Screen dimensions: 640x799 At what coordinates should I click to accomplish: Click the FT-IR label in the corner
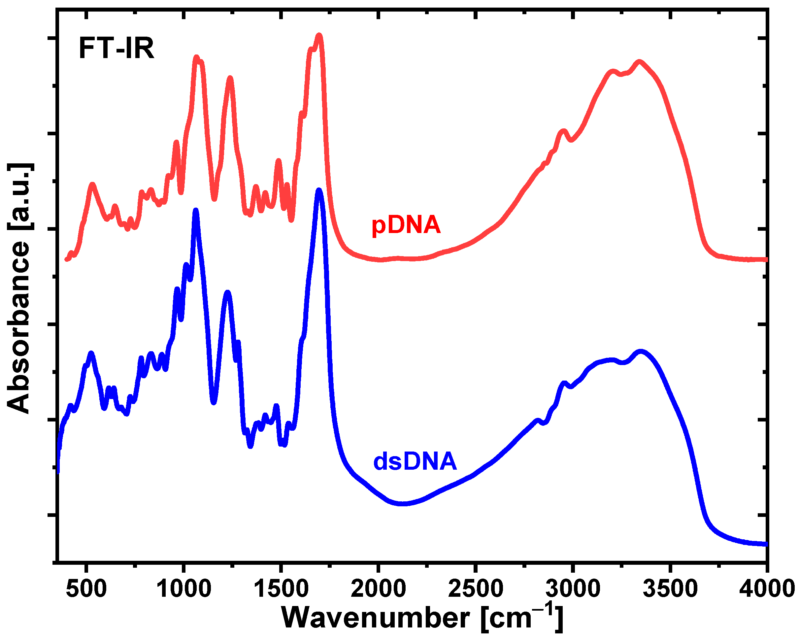117,49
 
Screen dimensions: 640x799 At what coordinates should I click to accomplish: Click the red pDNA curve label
406,225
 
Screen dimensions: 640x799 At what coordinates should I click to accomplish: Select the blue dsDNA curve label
415,462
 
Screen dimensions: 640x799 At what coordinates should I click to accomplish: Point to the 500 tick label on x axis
86,589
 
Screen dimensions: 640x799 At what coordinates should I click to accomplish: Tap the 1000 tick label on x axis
183,589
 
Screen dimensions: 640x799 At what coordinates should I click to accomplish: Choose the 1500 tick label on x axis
281,589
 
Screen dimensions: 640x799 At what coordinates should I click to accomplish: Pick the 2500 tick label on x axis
476,589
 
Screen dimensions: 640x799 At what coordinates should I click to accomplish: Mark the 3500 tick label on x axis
670,589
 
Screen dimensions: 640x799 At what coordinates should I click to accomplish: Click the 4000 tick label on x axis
766,589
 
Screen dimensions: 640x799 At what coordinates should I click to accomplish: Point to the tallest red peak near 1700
319,36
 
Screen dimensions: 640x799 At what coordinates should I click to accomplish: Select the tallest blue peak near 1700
319,190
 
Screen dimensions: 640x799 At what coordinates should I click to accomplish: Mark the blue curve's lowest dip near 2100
402,504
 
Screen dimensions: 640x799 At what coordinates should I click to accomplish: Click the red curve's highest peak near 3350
639,62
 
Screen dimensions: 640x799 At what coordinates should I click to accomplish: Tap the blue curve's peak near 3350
640,351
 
